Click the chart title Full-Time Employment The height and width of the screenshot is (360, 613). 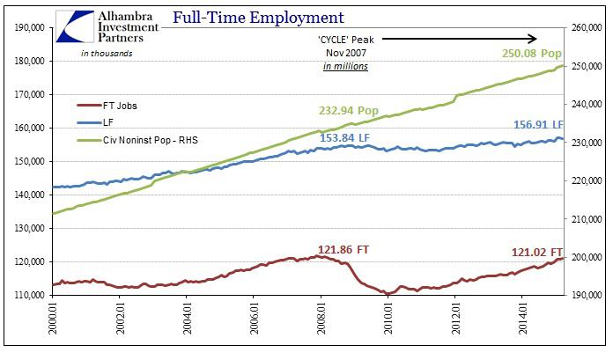tap(259, 17)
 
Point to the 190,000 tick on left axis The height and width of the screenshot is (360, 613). tap(26, 27)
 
